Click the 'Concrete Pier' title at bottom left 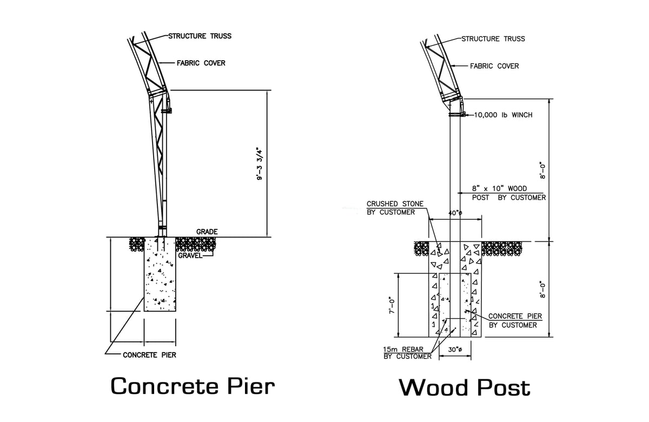(193, 386)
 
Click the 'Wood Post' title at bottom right (465, 387)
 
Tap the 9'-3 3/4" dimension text (260, 164)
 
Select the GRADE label (207, 232)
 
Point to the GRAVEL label (190, 255)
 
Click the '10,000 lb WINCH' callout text (504, 115)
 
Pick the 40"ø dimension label (455, 213)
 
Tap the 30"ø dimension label (455, 350)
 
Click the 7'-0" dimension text (392, 305)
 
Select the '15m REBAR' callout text (403, 350)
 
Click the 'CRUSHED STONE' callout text (395, 204)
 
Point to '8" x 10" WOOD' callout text (500, 188)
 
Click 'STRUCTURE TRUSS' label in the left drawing (200, 36)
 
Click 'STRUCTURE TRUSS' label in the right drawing (493, 39)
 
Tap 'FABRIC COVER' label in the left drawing (201, 63)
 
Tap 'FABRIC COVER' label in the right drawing (494, 66)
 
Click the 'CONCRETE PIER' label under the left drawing (149, 355)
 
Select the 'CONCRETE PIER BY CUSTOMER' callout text (515, 320)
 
